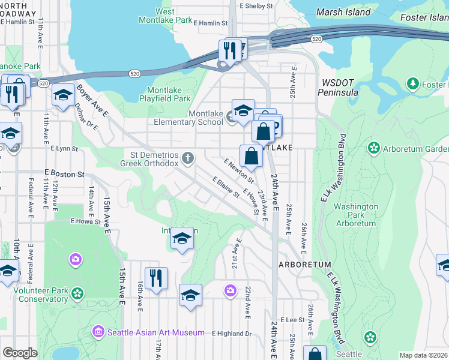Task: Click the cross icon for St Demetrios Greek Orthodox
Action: pos(188,158)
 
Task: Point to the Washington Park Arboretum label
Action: pos(356,215)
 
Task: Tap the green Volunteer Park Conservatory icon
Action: pos(77,293)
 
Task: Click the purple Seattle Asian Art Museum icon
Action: pos(98,331)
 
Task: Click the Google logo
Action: pos(20,353)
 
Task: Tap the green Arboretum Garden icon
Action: pos(373,148)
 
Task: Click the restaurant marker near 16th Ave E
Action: pos(156,278)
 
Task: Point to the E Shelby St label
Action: pos(256,6)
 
